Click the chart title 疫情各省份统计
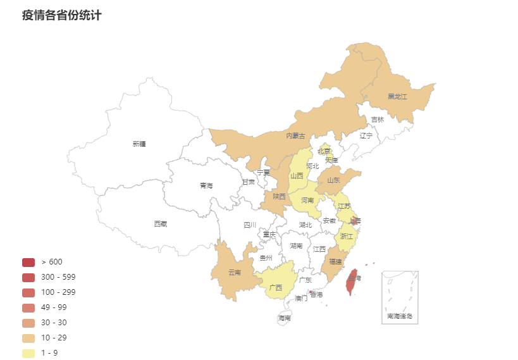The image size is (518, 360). coord(61,15)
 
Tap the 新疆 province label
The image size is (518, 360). coord(139,144)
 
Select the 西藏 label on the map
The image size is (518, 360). coord(161,224)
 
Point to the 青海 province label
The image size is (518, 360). coord(206,186)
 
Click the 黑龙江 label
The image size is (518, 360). coord(397,97)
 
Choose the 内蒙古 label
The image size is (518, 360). coord(295,136)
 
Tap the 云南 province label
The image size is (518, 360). coord(235,273)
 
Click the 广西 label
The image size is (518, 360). coord(276,288)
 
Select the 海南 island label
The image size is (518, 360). coord(285,318)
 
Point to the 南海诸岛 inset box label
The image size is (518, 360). coord(399,316)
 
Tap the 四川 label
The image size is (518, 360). coord(250,225)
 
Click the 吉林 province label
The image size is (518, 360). coord(377,120)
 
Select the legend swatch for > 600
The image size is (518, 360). coord(28,262)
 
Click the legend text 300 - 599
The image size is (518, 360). coord(58,277)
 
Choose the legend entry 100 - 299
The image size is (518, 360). coord(58,292)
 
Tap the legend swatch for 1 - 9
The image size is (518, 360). coord(28,353)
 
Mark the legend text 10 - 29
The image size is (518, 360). coord(54,338)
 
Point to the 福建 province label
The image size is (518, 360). coord(335,262)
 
